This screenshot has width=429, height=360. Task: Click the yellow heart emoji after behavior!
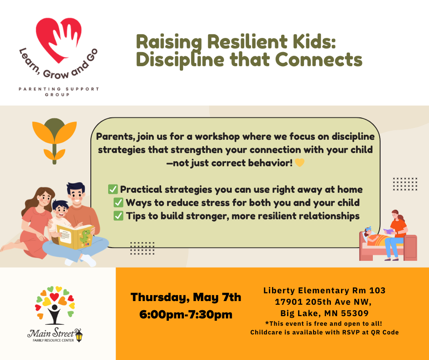(299, 163)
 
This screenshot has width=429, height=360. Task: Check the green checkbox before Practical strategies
(113, 189)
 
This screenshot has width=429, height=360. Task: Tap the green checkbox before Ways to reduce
(118, 202)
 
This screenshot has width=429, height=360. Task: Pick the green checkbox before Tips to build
(119, 216)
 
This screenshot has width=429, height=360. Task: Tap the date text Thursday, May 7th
(186, 297)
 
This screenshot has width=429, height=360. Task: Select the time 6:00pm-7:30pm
(186, 314)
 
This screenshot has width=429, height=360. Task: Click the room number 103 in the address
(377, 290)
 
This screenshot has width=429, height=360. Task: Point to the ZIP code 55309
(356, 313)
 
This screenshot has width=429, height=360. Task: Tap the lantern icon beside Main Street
(79, 335)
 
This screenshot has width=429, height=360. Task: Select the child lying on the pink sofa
(374, 237)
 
